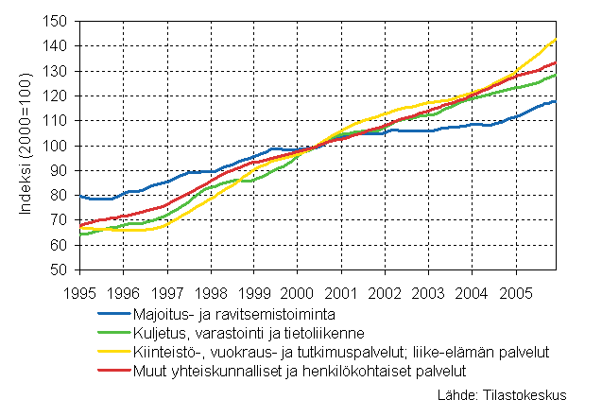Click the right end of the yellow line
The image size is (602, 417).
pyautogui.click(x=556, y=39)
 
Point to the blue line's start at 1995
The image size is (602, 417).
pyautogui.click(x=78, y=196)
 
